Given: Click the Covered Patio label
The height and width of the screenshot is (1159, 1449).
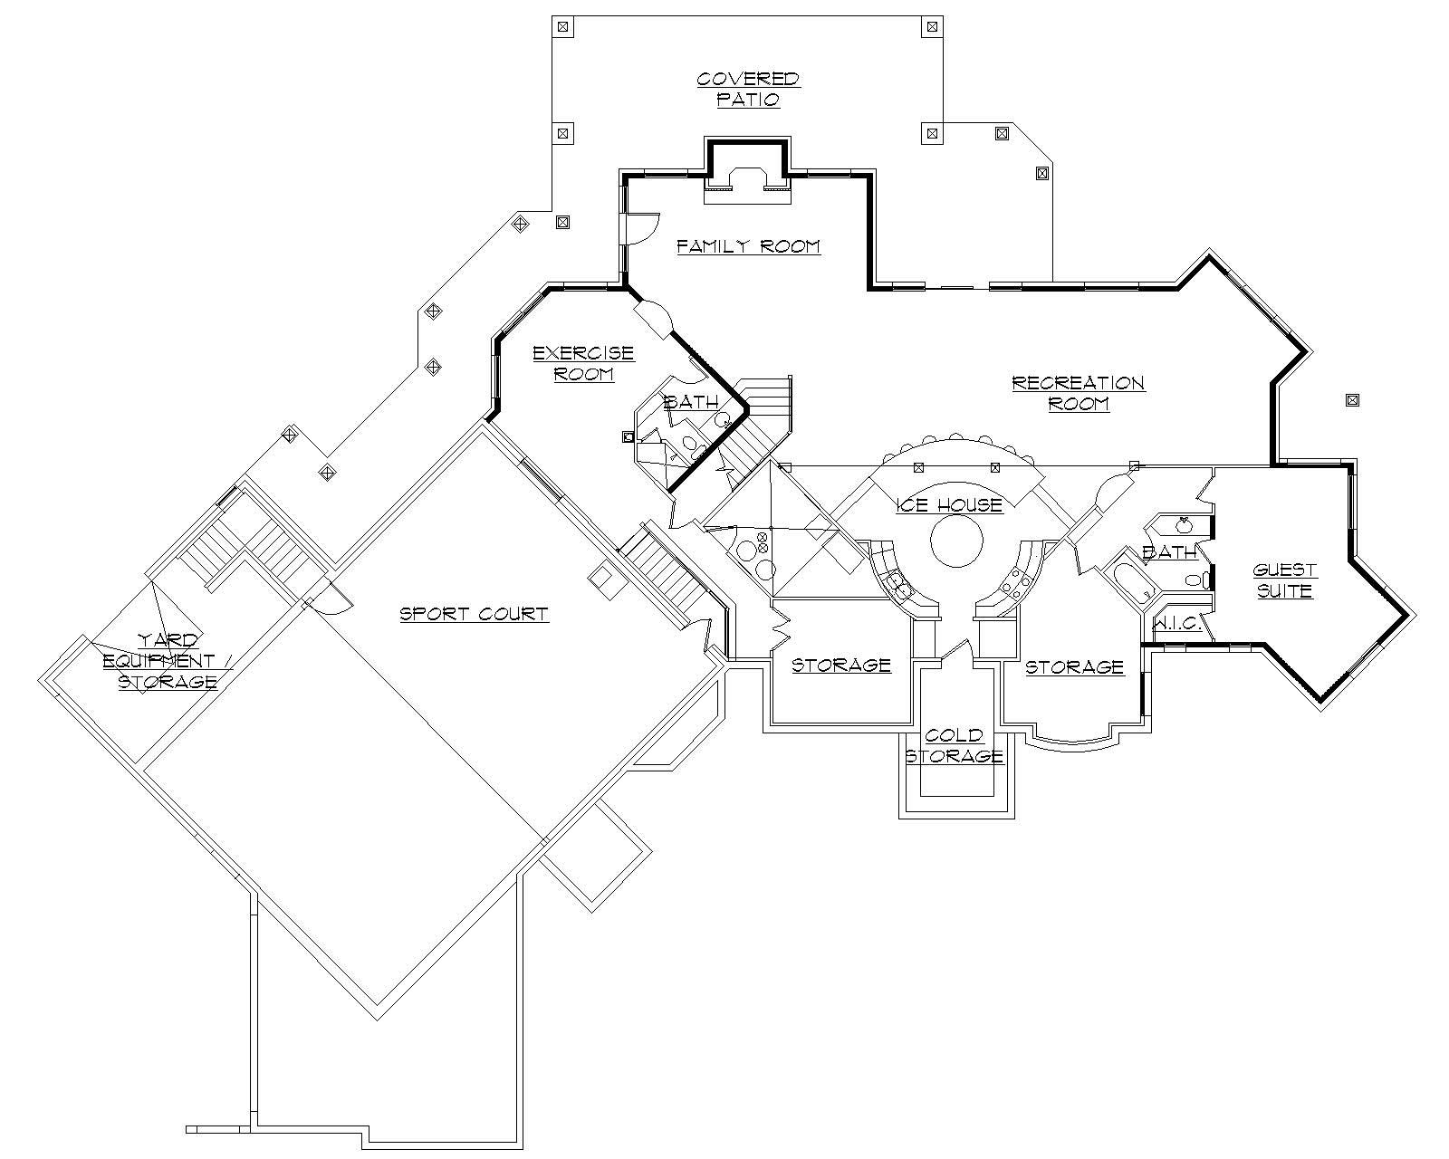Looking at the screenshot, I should tap(748, 90).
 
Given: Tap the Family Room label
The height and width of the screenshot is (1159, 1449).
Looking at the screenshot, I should tap(748, 246).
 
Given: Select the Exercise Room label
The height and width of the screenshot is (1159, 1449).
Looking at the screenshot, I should tap(583, 363).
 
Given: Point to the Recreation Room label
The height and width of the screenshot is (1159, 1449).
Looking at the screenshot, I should tap(1078, 393).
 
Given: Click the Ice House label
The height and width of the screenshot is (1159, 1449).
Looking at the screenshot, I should tap(949, 505).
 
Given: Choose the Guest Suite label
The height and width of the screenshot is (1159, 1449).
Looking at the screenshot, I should tap(1284, 580).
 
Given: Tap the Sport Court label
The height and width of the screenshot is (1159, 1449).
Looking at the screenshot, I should tap(474, 614).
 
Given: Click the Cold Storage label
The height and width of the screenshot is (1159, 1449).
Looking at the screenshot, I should tap(955, 746).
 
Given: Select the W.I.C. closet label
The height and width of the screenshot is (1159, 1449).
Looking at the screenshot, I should tap(1176, 624).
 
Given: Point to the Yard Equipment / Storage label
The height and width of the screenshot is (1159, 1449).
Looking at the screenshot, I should tap(168, 662).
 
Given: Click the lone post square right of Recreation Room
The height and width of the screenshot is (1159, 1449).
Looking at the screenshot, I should tap(1351, 399).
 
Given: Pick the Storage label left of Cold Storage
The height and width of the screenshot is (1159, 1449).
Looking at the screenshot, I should tap(841, 666).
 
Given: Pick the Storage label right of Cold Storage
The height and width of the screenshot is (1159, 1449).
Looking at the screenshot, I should tap(1074, 667).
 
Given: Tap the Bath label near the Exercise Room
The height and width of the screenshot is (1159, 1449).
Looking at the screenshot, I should tap(691, 402).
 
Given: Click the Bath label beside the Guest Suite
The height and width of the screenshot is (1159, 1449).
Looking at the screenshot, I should tap(1168, 551).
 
